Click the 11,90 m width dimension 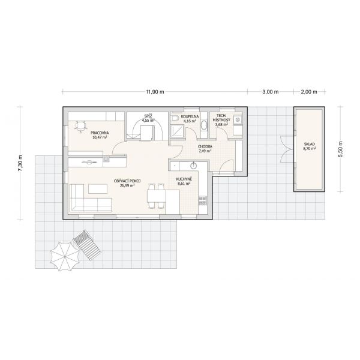pyautogui.click(x=155, y=92)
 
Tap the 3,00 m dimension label pyautogui.click(x=271, y=92)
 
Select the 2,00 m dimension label pyautogui.click(x=309, y=92)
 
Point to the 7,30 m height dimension pyautogui.click(x=20, y=163)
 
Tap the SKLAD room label pyautogui.click(x=309, y=144)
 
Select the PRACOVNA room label pyautogui.click(x=100, y=133)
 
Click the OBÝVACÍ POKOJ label pyautogui.click(x=127, y=181)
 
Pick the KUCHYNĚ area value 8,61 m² pyautogui.click(x=184, y=184)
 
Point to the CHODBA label pyautogui.click(x=205, y=146)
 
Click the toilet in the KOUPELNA pyautogui.click(x=175, y=118)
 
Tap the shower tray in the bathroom pyautogui.click(x=178, y=131)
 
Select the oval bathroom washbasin pyautogui.click(x=203, y=125)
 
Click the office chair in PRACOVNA pyautogui.click(x=80, y=127)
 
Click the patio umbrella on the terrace pyautogui.click(x=65, y=256)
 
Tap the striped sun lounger pyautogui.click(x=87, y=245)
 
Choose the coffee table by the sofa pyautogui.click(x=98, y=189)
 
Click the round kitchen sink pyautogui.click(x=194, y=166)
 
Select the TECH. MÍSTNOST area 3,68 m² pyautogui.click(x=221, y=125)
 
